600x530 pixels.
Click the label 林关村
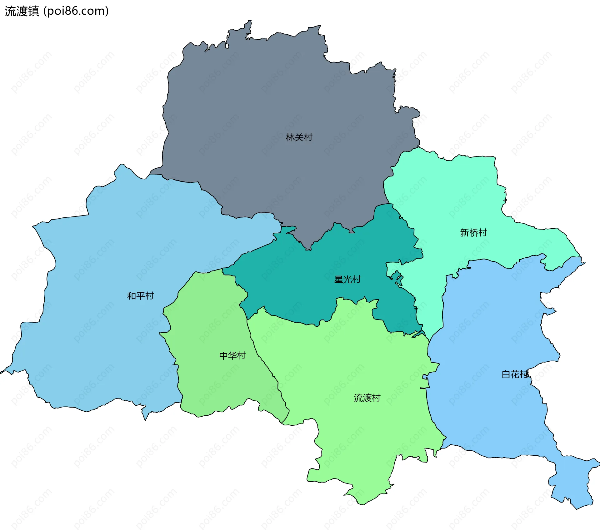coord(299,137)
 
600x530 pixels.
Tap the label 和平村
coord(140,296)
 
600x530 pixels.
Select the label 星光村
coord(347,279)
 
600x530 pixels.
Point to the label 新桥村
coord(473,232)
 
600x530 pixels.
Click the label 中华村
coord(232,355)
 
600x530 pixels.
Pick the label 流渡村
coord(367,398)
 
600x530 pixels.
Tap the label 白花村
coord(515,374)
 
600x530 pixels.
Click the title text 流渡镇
coord(22,11)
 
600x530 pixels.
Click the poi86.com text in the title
coord(76,11)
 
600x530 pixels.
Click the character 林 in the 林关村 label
coord(290,137)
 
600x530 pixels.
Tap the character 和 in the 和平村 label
coord(132,296)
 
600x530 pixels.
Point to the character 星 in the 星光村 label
coord(339,279)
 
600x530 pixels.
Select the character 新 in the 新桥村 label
coord(465,232)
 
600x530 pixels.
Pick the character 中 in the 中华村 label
coord(224,355)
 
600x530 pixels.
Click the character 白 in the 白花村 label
coord(506,374)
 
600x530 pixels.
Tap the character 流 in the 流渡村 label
coord(358,398)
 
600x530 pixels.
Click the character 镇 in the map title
coord(33,11)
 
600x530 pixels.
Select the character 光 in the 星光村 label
coord(347,279)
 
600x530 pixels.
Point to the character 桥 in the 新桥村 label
coord(473,232)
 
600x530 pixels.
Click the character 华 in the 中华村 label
coord(232,355)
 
